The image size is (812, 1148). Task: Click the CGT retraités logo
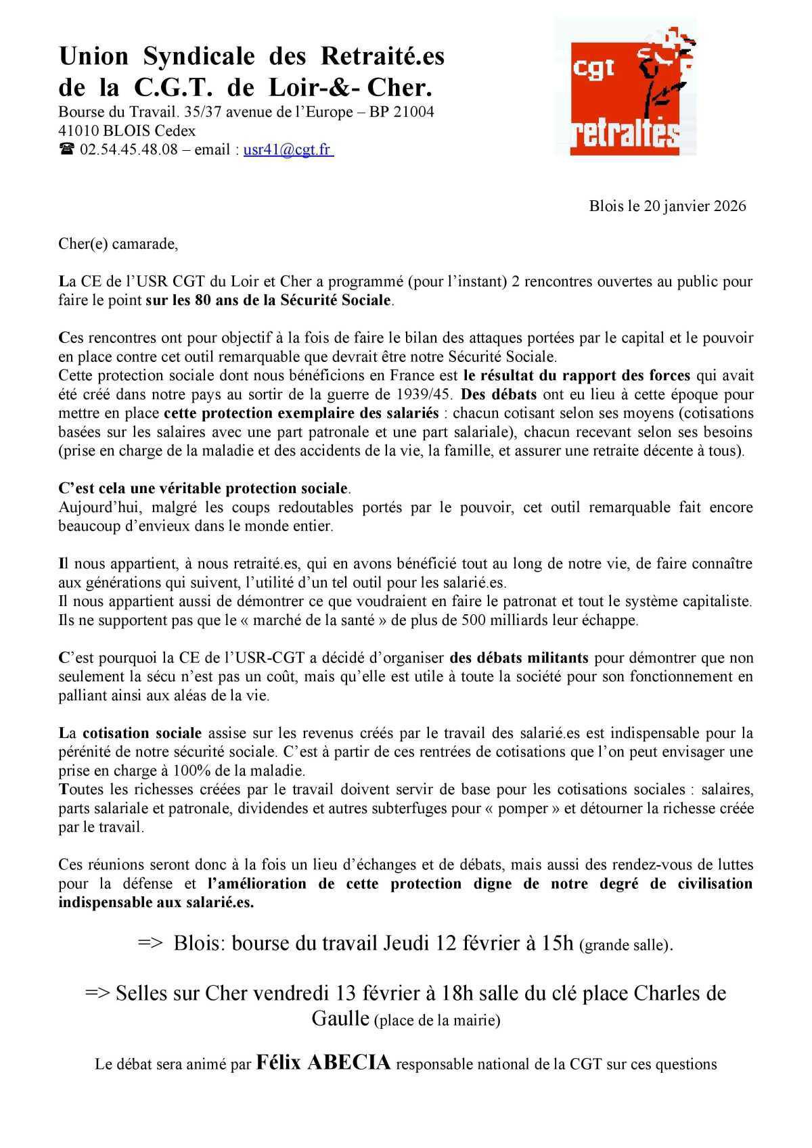pos(625,88)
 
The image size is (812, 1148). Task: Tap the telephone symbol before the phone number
pos(66,150)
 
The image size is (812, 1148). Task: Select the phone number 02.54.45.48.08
pos(129,150)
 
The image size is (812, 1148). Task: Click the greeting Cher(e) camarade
pos(118,244)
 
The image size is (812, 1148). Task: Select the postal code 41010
pos(78,131)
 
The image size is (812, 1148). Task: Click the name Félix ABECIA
pos(323,1063)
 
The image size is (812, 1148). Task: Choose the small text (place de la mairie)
pos(437,1021)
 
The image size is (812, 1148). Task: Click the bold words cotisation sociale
pos(142,733)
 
